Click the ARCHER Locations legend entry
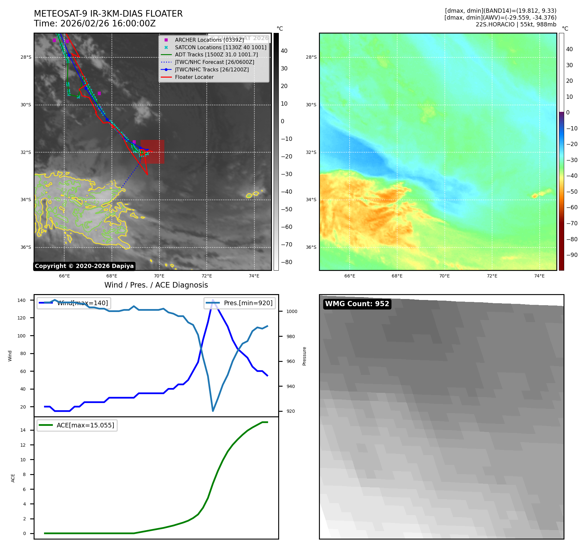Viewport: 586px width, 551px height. pyautogui.click(x=209, y=40)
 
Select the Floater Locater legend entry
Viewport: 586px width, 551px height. pyautogui.click(x=194, y=77)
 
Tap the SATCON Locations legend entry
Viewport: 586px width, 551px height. pyautogui.click(x=220, y=47)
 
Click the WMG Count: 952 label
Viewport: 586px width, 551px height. pyautogui.click(x=357, y=304)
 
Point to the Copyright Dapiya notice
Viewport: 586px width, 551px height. pyautogui.click(x=84, y=266)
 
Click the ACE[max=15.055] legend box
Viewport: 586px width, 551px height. pyautogui.click(x=77, y=425)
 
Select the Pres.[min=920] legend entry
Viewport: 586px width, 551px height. pyautogui.click(x=240, y=303)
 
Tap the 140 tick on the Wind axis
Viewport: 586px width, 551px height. pyautogui.click(x=21, y=300)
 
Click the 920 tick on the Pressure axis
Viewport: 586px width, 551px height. pyautogui.click(x=291, y=411)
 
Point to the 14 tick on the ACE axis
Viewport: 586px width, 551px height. pyautogui.click(x=23, y=430)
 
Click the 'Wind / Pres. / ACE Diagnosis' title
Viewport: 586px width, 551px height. pyautogui.click(x=156, y=285)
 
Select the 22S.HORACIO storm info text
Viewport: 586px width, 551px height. pyautogui.click(x=516, y=24)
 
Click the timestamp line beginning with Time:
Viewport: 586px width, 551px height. pyautogui.click(x=95, y=24)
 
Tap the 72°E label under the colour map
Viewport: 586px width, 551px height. pyautogui.click(x=492, y=276)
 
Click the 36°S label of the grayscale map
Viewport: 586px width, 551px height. pyautogui.click(x=26, y=247)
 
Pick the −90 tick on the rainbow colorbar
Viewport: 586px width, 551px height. pyautogui.click(x=572, y=255)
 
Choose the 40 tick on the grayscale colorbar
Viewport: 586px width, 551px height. pyautogui.click(x=284, y=51)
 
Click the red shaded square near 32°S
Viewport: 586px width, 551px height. pyautogui.click(x=152, y=152)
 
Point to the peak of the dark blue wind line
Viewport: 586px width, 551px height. pyautogui.click(x=213, y=300)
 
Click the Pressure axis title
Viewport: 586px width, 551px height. pyautogui.click(x=304, y=356)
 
